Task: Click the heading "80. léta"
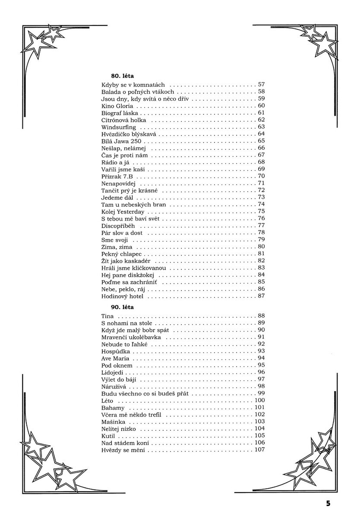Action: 114,76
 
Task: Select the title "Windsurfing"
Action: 119,127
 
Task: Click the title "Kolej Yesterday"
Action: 123,212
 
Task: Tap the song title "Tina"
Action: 107,316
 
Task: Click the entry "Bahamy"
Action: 113,407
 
